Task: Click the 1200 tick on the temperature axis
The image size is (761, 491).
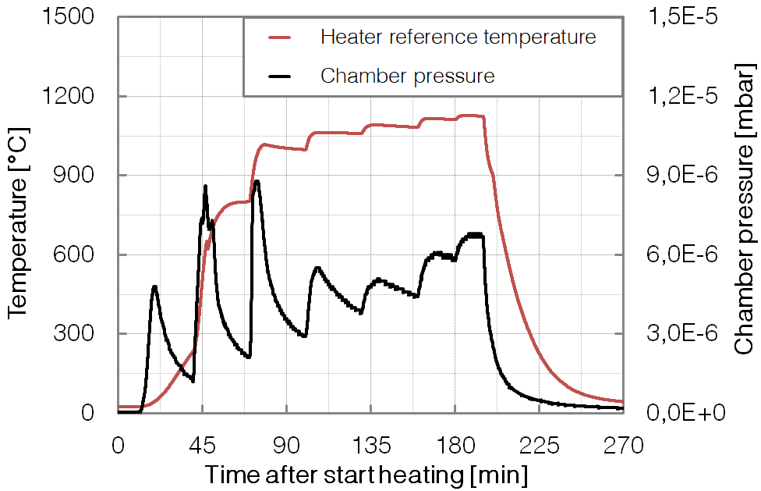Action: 75,97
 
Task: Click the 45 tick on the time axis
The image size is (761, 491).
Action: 202,446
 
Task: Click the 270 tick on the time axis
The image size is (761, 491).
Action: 624,446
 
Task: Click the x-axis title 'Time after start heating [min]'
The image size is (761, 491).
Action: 366,474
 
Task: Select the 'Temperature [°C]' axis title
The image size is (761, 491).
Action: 17,215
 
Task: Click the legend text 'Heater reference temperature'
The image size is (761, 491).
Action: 458,37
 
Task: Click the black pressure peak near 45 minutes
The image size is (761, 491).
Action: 205,187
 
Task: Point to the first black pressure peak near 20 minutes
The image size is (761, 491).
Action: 155,287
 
